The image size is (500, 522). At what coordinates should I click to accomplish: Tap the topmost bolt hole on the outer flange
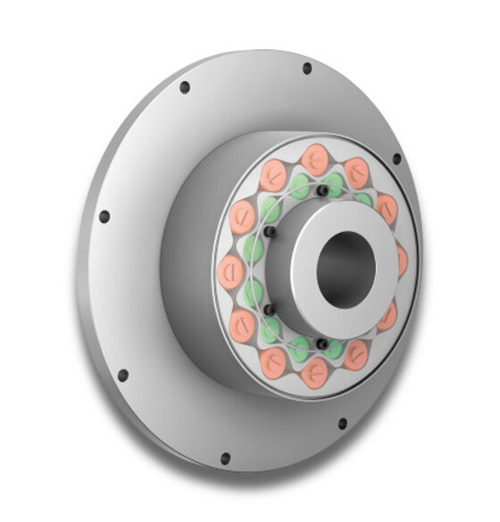point(307,68)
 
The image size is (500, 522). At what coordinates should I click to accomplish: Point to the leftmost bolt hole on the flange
point(104,216)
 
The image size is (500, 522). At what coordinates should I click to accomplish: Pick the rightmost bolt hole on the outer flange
point(396,159)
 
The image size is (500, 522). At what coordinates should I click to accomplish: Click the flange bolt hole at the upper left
point(185,87)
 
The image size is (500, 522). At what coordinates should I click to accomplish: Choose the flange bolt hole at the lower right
point(341,423)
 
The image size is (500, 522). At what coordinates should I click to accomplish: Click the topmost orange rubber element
point(314,160)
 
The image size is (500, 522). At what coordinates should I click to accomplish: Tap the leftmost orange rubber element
point(231,270)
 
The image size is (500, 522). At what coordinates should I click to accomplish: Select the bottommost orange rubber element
point(313,373)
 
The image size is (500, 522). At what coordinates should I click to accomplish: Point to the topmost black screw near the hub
point(321,190)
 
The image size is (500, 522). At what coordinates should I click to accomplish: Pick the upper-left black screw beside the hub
point(271,233)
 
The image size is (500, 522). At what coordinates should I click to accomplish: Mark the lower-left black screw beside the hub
point(268,309)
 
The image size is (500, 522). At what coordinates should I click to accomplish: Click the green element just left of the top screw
point(299,186)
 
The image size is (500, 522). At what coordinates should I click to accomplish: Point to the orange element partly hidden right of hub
point(402,261)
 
